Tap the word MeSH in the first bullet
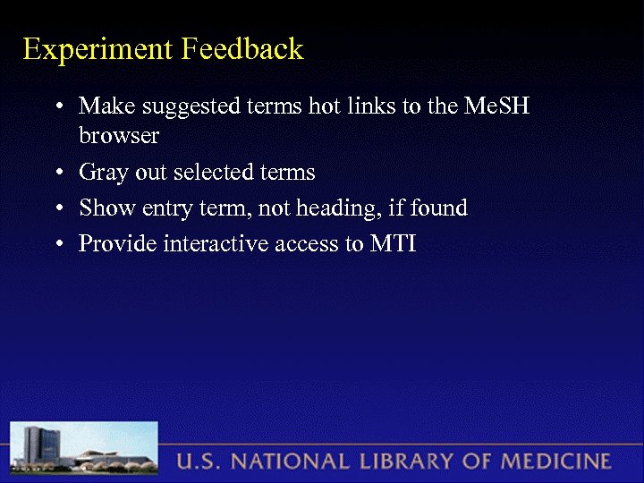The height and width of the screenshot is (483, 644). (x=497, y=106)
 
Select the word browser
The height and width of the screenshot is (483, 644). (x=119, y=136)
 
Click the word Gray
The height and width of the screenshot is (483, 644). (x=101, y=173)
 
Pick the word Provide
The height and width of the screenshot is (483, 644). (x=118, y=244)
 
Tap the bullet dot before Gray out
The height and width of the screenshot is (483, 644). (x=58, y=173)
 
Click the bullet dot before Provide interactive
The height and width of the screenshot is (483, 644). (x=58, y=244)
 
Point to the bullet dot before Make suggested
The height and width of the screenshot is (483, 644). (x=58, y=107)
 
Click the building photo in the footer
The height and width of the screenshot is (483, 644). (x=84, y=449)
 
